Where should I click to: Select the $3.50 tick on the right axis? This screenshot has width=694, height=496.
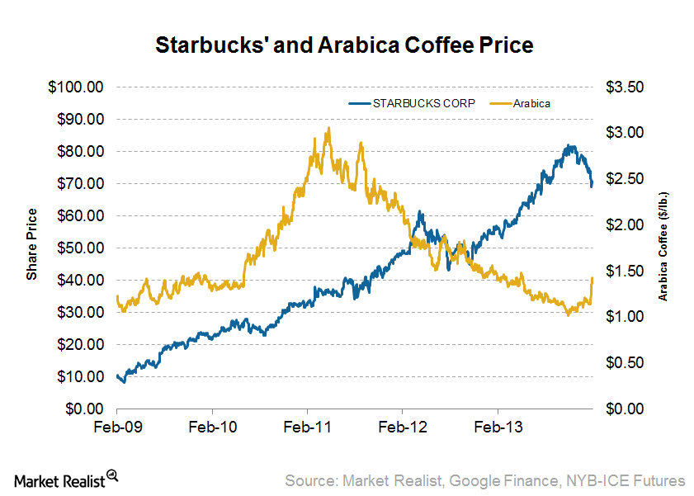click(x=626, y=87)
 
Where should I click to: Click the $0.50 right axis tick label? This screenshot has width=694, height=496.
click(x=626, y=363)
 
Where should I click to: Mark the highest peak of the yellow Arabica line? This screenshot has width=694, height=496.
click(x=328, y=129)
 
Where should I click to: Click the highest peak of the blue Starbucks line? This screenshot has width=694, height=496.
click(x=569, y=146)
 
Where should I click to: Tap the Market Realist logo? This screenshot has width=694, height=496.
click(x=66, y=479)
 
